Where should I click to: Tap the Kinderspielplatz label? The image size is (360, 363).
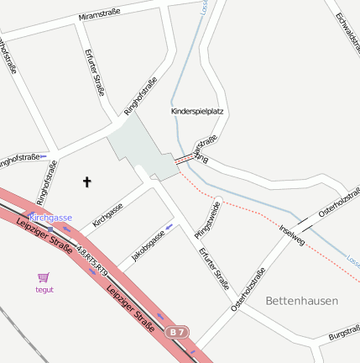[x=197, y=111]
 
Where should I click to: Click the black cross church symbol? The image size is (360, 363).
[x=86, y=181]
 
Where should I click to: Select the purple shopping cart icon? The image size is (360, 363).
[x=44, y=276]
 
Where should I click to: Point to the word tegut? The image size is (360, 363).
[x=44, y=289]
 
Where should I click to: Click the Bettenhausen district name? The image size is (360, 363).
[x=301, y=300]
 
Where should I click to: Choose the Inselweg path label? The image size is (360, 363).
[x=291, y=235]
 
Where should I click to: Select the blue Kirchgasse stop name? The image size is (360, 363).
[x=50, y=218]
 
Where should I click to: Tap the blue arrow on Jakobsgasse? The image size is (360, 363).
[x=170, y=226]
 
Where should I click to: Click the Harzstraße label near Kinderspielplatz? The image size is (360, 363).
[x=206, y=144]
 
